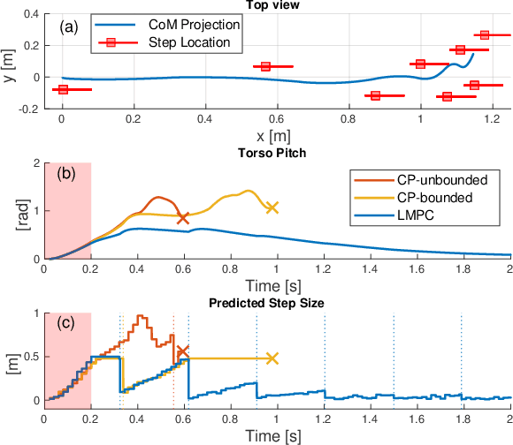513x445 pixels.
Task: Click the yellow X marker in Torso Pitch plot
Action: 272,207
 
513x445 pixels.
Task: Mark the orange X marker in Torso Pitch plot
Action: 183,217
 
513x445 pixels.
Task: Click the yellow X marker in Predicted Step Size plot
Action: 272,358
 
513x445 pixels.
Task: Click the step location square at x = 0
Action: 62,89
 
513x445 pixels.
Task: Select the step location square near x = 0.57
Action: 266,66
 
